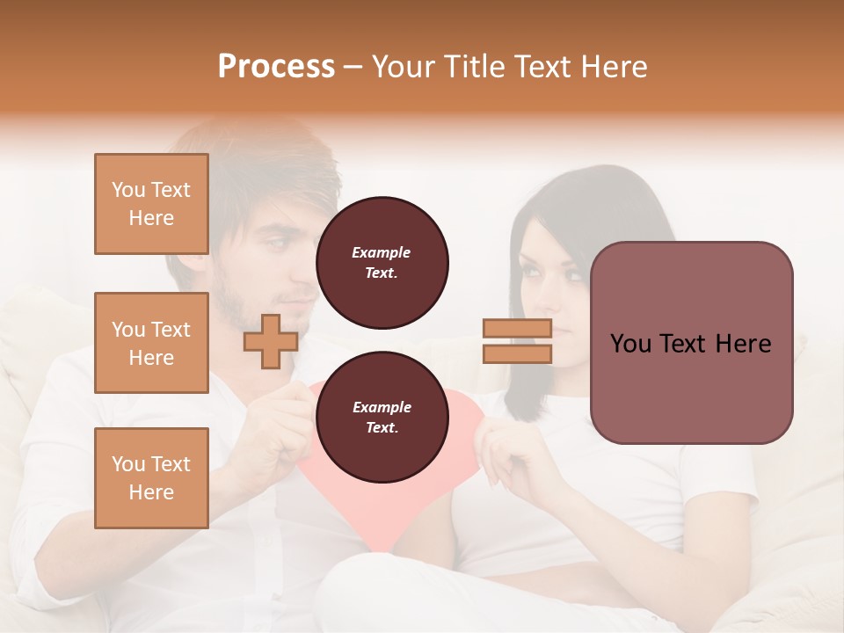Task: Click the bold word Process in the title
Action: pos(276,66)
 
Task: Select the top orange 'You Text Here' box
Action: pos(151,204)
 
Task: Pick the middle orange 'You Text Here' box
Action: pos(151,343)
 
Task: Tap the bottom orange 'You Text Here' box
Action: pos(151,477)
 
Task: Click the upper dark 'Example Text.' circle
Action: pos(382,263)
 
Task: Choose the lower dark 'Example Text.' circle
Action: pos(382,418)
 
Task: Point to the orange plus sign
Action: pos(271,341)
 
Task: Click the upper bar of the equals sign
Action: pos(517,328)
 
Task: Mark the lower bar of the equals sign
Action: pos(517,353)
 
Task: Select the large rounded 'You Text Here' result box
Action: pos(691,343)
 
